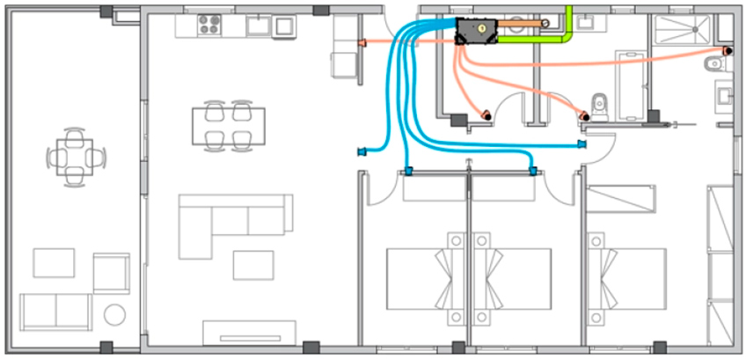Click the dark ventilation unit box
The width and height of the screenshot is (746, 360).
click(x=476, y=33)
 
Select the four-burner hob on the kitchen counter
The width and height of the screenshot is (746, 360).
click(x=209, y=25)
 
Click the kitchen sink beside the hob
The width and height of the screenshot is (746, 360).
click(x=258, y=25)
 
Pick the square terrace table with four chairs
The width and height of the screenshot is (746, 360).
click(x=75, y=158)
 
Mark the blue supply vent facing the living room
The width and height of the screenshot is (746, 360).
click(x=362, y=151)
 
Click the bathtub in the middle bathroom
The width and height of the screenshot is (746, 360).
click(x=631, y=84)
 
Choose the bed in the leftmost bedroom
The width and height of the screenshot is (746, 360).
click(x=422, y=278)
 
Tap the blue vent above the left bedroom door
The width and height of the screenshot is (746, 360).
click(x=408, y=171)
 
